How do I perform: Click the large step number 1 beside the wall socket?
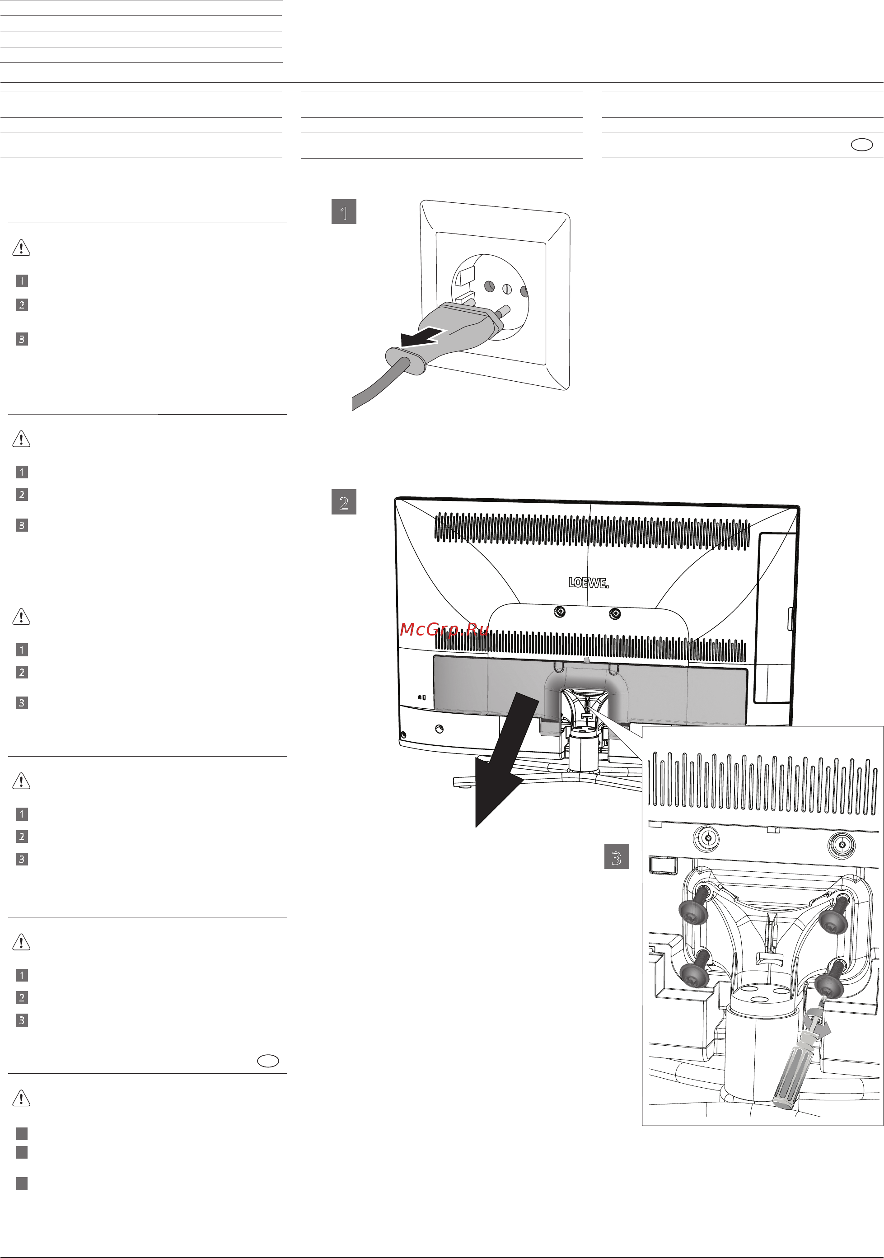coord(344,212)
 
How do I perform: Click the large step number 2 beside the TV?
coord(344,502)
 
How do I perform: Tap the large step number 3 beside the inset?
coord(616,857)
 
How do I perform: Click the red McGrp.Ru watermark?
coord(444,630)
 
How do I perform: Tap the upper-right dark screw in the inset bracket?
coord(835,916)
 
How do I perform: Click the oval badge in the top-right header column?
coord(861,145)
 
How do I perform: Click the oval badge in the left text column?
coord(268,1061)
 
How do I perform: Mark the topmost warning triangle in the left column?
coord(21,248)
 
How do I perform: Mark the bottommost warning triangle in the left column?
coord(21,1098)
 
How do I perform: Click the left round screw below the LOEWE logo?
coord(560,612)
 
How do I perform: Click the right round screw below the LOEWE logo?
coord(615,614)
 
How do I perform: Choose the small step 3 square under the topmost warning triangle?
coord(22,339)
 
